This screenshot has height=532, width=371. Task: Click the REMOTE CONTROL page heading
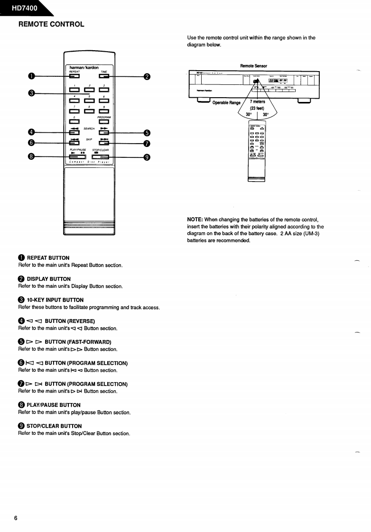tap(51, 24)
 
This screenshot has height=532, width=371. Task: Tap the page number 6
tap(16, 518)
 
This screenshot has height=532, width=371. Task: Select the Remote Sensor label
tap(254, 66)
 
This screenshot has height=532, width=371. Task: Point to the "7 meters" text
tap(258, 101)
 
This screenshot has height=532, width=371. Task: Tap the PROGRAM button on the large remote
tap(104, 122)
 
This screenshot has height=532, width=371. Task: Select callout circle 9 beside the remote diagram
tap(147, 158)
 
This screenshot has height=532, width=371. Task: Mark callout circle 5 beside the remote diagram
tap(147, 132)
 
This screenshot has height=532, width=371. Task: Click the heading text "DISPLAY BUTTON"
tap(48, 279)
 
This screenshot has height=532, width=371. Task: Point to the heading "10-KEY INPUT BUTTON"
tap(55, 300)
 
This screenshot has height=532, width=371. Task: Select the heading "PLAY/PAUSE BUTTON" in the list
tap(54, 405)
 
